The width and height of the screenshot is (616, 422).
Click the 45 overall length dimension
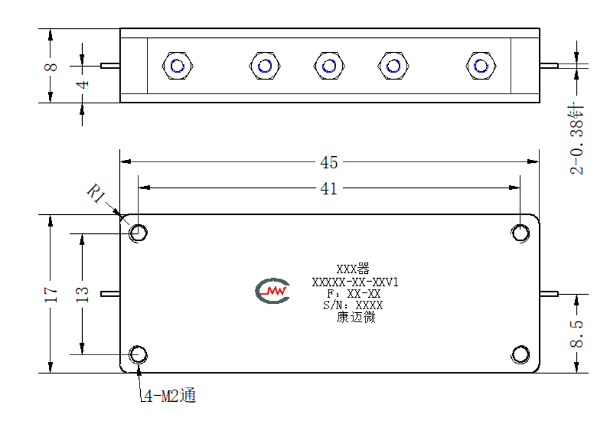point(329,162)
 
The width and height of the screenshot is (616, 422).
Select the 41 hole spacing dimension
point(329,189)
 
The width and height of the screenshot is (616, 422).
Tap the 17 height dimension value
point(51,294)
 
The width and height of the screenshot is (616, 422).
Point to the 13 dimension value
point(82,294)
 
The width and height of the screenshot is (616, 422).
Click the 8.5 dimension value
point(576,333)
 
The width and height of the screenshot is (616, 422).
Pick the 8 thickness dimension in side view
point(51,67)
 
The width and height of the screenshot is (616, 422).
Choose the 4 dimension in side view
point(83,84)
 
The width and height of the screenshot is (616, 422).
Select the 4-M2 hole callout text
point(169,396)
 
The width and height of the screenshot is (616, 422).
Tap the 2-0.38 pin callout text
point(576,138)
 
